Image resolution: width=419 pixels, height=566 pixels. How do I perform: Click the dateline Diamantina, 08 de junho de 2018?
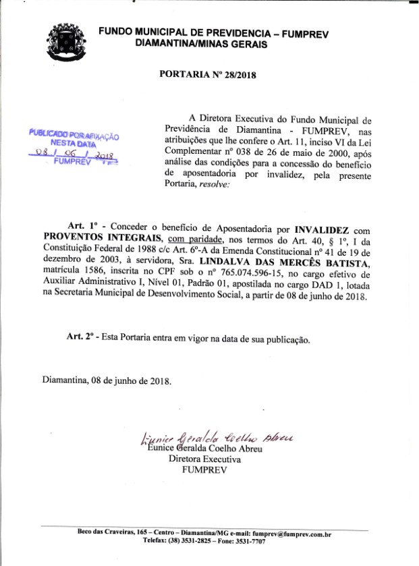(107, 379)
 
